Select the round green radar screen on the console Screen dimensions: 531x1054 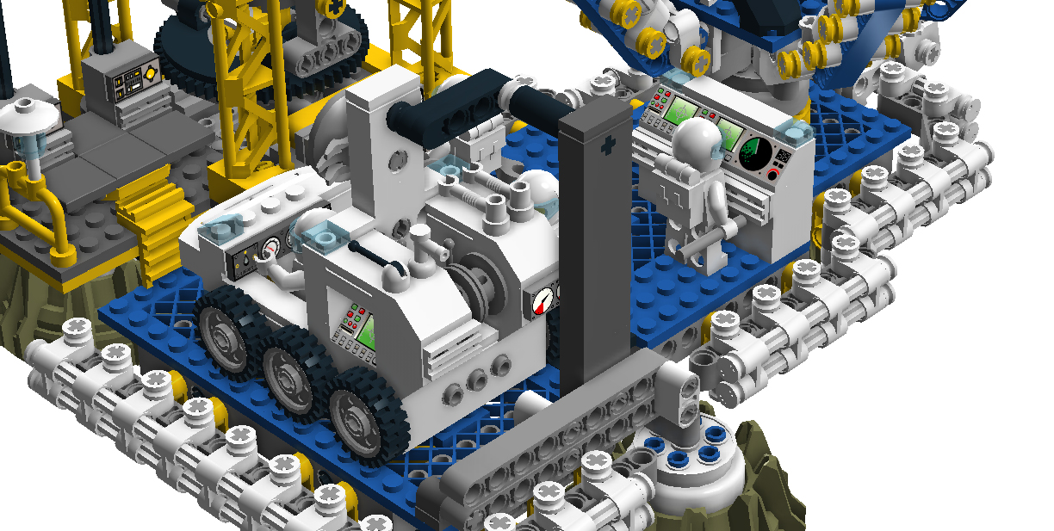click(x=756, y=152)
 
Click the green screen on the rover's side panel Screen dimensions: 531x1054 click(x=363, y=328)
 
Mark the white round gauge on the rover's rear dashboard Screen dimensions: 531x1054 click(x=270, y=250)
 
